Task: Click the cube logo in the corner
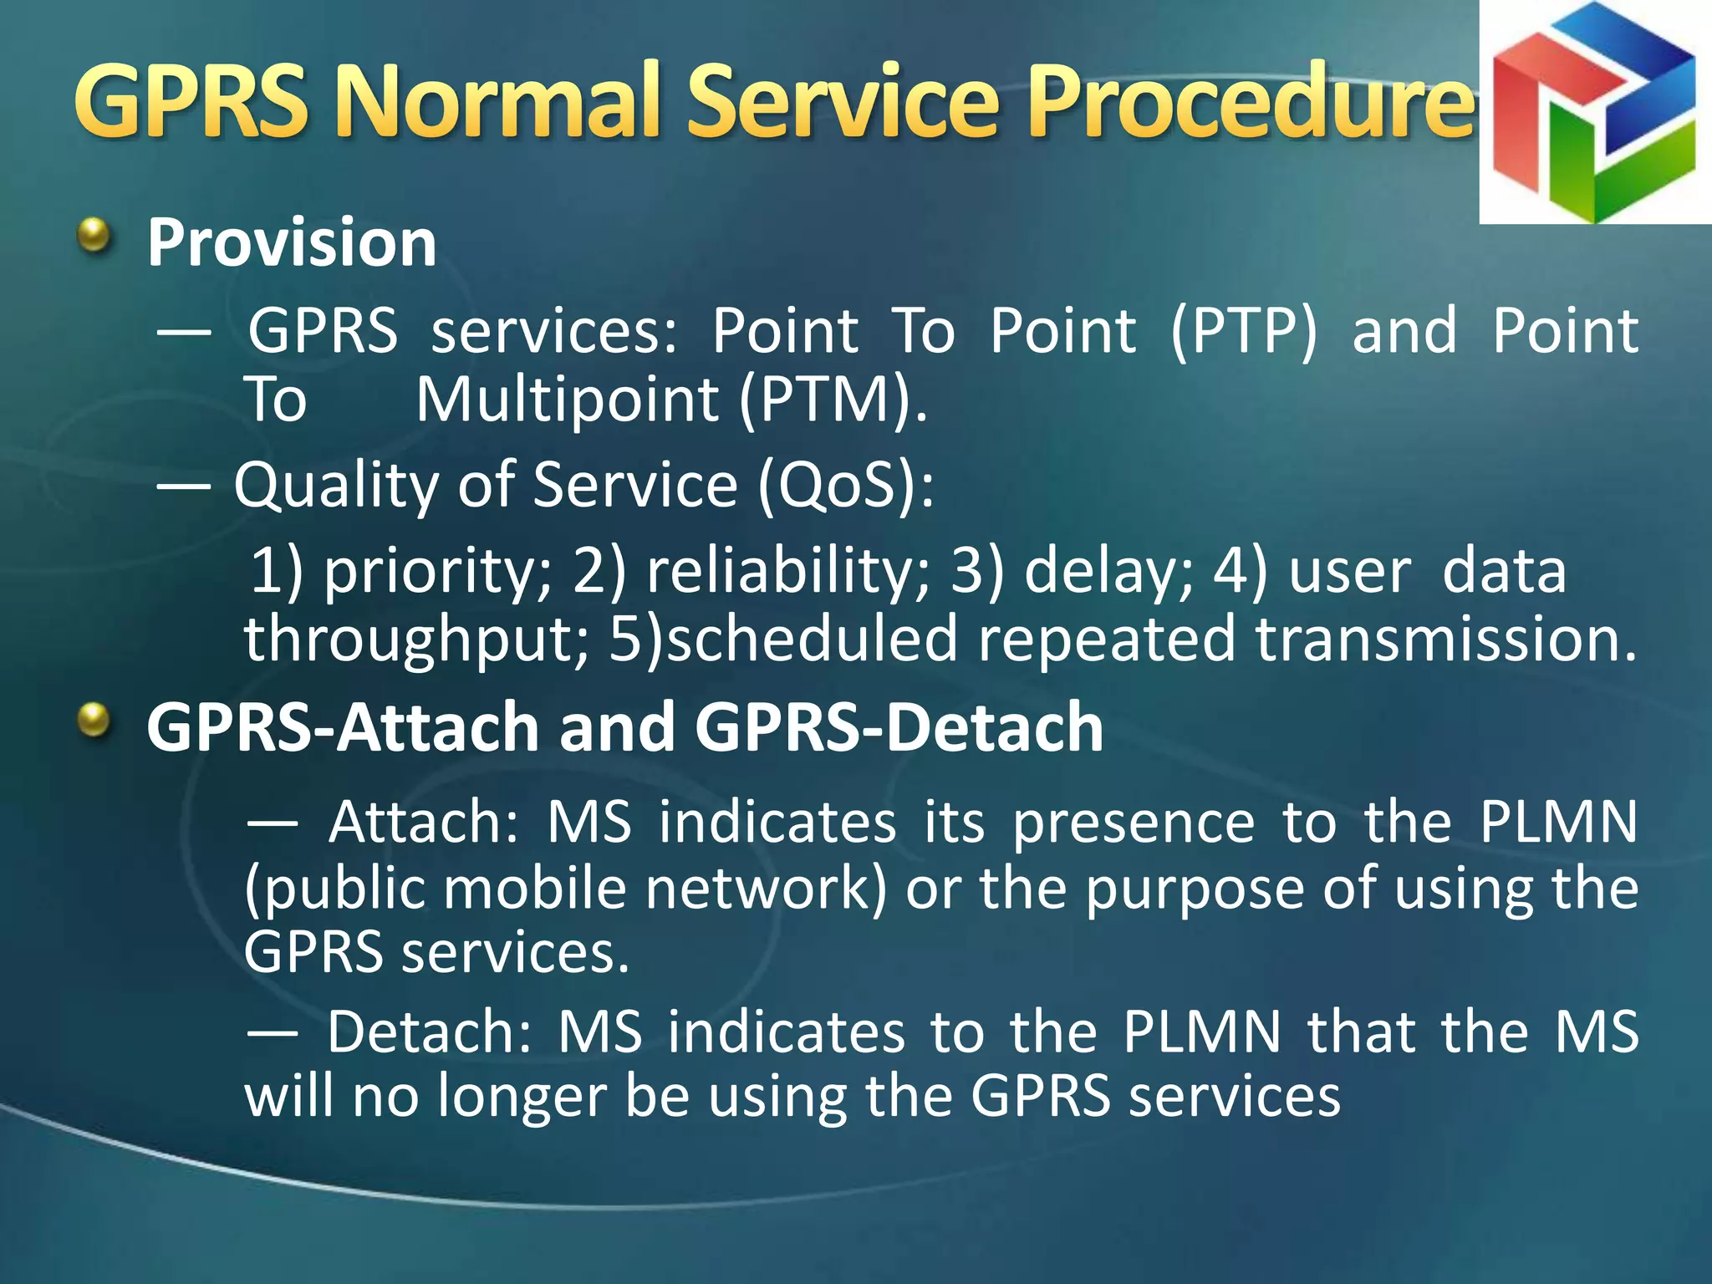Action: pos(1595,113)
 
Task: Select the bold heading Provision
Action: pos(291,242)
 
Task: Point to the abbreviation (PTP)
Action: pos(1243,332)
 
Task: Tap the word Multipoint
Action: pos(567,400)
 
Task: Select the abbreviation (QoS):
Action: pos(845,485)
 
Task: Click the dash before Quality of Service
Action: pos(183,485)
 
